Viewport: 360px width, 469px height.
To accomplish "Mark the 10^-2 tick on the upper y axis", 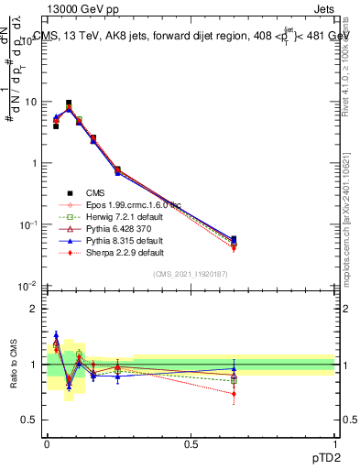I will (31, 286).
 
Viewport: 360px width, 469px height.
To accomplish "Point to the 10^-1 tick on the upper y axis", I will (31, 224).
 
